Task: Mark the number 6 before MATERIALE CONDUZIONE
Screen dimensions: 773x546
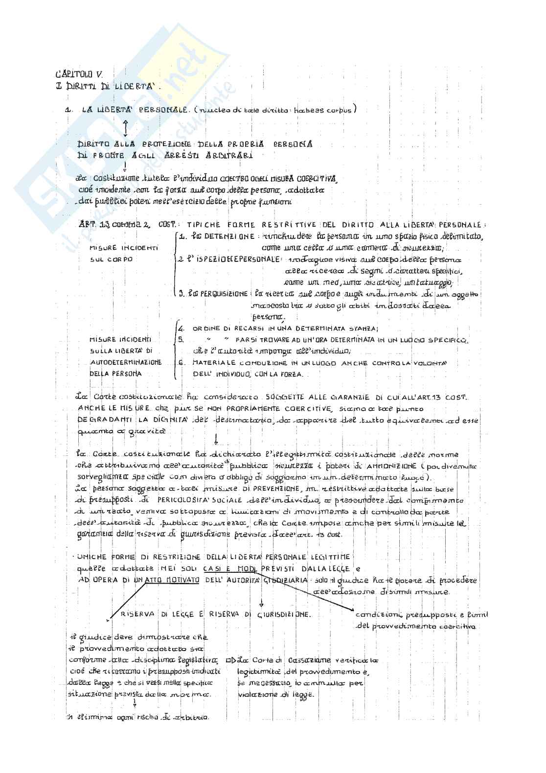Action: pos(181,363)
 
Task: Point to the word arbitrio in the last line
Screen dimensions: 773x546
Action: pos(194,718)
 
